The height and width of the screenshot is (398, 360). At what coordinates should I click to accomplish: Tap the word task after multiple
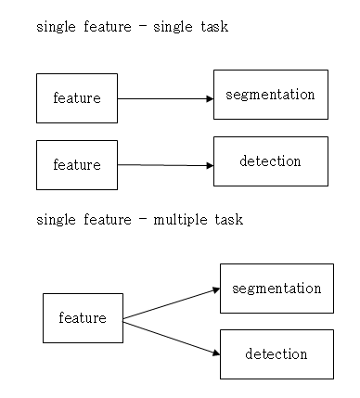click(x=228, y=220)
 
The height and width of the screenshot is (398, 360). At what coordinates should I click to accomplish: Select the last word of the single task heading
click(x=212, y=27)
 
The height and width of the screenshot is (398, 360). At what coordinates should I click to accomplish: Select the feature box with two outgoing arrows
click(x=83, y=318)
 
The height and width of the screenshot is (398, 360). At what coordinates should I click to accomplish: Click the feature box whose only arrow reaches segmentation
click(x=77, y=98)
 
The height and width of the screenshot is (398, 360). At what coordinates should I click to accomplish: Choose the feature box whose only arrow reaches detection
click(x=77, y=165)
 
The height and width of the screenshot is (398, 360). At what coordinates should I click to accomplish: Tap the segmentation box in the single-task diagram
click(x=270, y=95)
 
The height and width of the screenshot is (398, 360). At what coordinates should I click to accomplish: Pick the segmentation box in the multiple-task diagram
click(x=276, y=289)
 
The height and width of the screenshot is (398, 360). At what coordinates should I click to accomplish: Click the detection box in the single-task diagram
click(x=270, y=161)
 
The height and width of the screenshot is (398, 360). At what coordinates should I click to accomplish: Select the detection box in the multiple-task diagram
click(x=276, y=354)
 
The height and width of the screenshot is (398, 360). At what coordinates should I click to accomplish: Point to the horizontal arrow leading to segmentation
click(x=165, y=97)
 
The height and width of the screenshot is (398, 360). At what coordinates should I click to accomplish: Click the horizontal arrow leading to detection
click(x=165, y=165)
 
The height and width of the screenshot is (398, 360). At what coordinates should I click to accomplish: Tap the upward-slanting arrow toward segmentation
click(x=171, y=303)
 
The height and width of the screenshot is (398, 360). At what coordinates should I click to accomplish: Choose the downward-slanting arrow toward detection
click(x=171, y=336)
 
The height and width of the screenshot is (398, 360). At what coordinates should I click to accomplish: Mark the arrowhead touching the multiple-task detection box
click(x=215, y=353)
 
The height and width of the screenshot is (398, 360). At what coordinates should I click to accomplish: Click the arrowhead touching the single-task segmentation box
click(x=210, y=97)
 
